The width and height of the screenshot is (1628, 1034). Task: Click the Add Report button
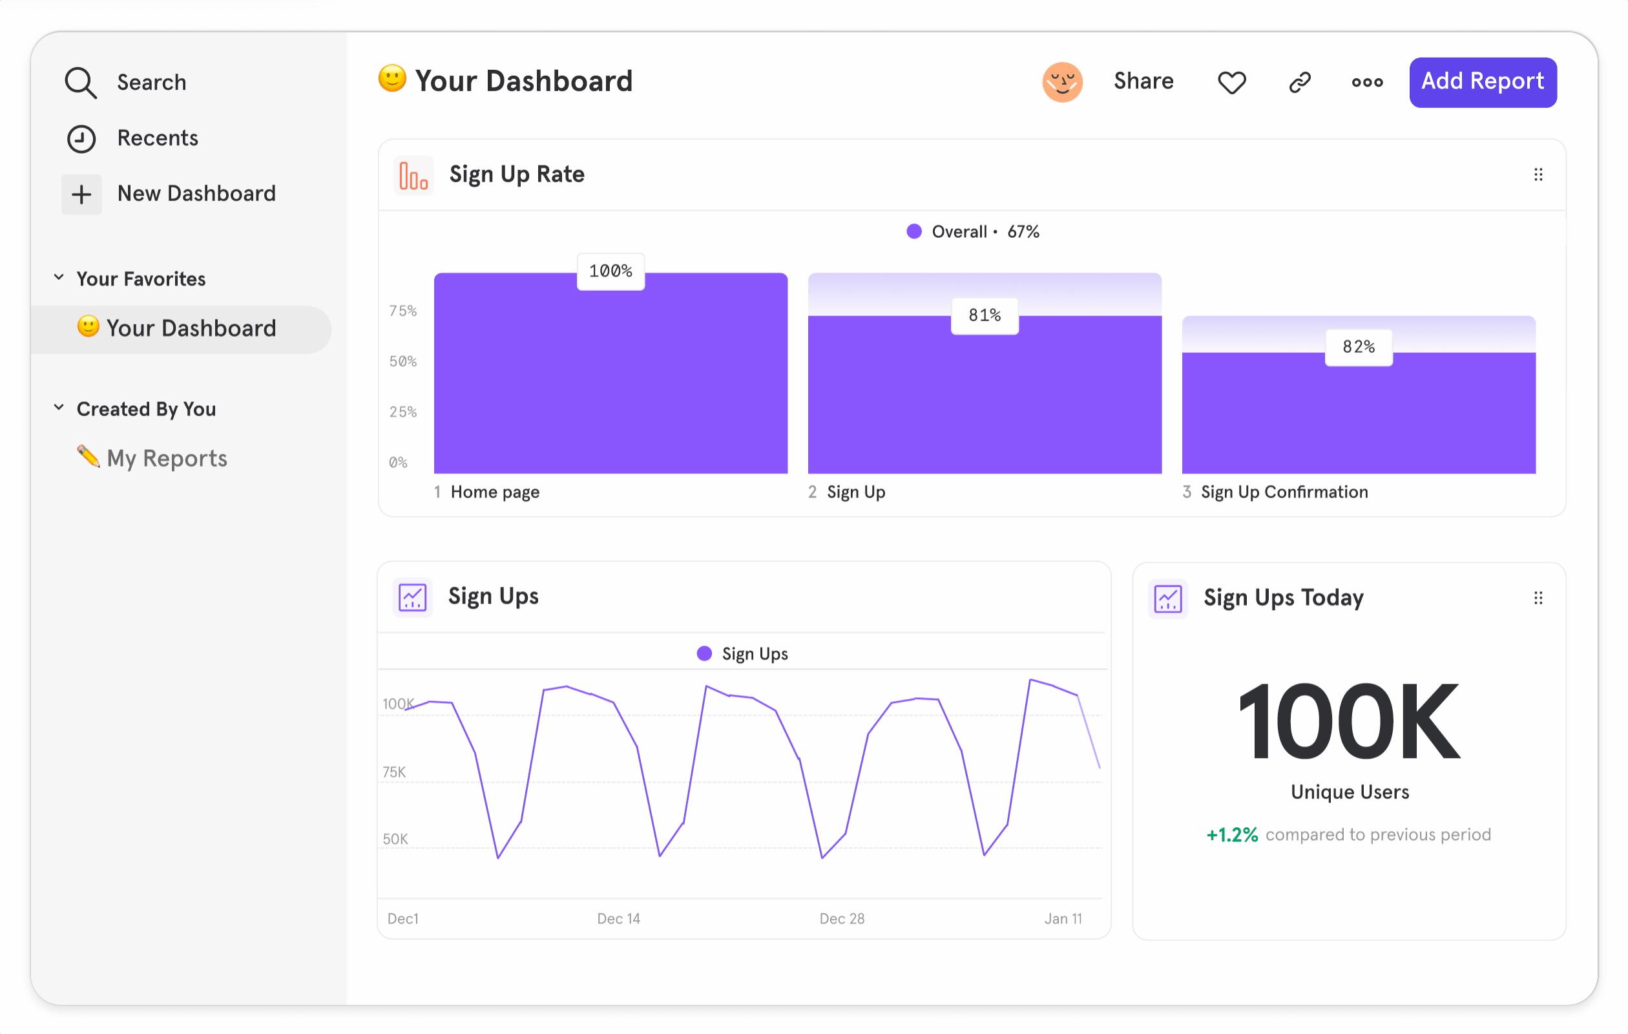coord(1482,82)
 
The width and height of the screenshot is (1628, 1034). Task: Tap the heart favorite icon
coord(1231,83)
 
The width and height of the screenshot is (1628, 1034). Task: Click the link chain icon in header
coord(1299,83)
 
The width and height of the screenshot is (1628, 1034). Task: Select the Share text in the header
coord(1143,81)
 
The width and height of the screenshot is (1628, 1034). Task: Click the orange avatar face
coord(1061,82)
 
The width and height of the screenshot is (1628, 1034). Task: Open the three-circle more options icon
coord(1366,83)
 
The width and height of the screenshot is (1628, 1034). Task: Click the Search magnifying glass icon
coord(81,83)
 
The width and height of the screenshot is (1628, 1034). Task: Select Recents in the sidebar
coord(157,138)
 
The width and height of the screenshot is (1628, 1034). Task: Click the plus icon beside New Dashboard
coord(81,195)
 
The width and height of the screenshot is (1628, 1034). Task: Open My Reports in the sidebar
coord(166,458)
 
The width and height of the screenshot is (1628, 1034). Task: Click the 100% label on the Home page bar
coord(610,271)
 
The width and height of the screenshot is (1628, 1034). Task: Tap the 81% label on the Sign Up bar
coord(984,315)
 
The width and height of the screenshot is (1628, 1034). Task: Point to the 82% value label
coord(1358,347)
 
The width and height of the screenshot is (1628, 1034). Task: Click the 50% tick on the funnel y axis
coord(403,361)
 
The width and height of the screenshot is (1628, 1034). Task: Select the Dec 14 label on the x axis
coord(618,918)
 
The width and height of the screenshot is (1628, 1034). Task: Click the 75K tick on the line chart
coord(394,772)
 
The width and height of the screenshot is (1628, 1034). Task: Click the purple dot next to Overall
coord(913,232)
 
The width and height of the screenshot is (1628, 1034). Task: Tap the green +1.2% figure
coord(1232,834)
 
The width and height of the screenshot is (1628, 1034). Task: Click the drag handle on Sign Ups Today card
coord(1538,598)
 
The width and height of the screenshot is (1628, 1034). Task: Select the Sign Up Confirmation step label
coord(1284,492)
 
